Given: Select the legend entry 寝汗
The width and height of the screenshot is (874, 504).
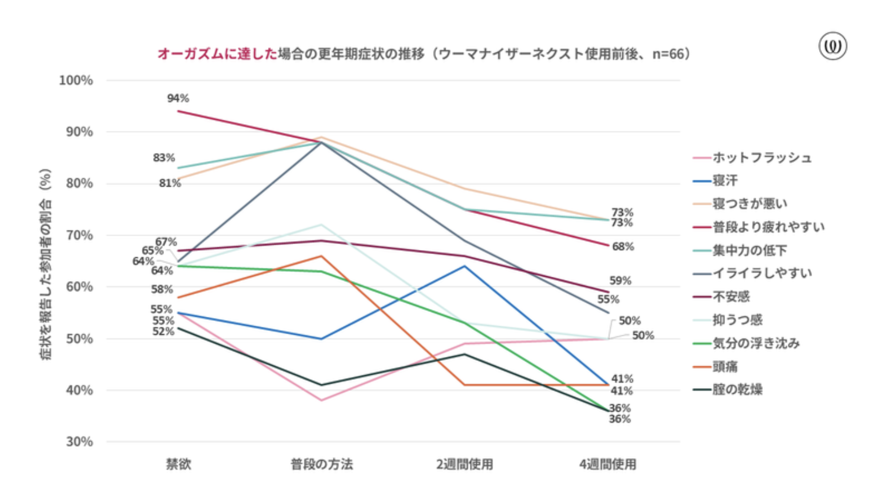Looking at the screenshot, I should (725, 181).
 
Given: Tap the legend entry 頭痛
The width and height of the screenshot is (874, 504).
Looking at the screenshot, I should (725, 367).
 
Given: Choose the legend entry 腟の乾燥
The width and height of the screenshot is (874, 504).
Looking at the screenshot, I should (737, 390).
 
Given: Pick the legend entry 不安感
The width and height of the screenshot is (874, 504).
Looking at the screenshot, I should (731, 297).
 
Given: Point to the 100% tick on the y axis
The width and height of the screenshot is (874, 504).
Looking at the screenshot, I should (76, 80).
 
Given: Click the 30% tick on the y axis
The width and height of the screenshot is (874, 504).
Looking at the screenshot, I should (79, 442).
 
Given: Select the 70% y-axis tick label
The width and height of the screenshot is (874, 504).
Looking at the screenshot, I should (79, 235).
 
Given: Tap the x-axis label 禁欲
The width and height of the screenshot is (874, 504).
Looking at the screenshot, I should (178, 464).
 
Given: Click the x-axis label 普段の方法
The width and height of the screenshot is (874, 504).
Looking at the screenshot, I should (322, 464).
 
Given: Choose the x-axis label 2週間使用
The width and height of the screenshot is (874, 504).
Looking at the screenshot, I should (464, 464).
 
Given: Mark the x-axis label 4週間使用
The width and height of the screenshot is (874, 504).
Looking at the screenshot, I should (607, 464).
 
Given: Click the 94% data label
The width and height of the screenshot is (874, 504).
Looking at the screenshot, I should (178, 99).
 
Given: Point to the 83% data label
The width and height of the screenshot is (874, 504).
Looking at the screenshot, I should (164, 158).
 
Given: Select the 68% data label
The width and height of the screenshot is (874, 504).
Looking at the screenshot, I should (623, 247).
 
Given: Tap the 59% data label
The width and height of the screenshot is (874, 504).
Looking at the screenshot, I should (620, 281).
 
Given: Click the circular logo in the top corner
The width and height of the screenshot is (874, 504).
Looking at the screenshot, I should (832, 46).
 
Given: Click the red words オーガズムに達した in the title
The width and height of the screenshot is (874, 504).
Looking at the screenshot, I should (217, 54).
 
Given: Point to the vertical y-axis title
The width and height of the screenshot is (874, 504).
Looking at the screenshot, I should (46, 264).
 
